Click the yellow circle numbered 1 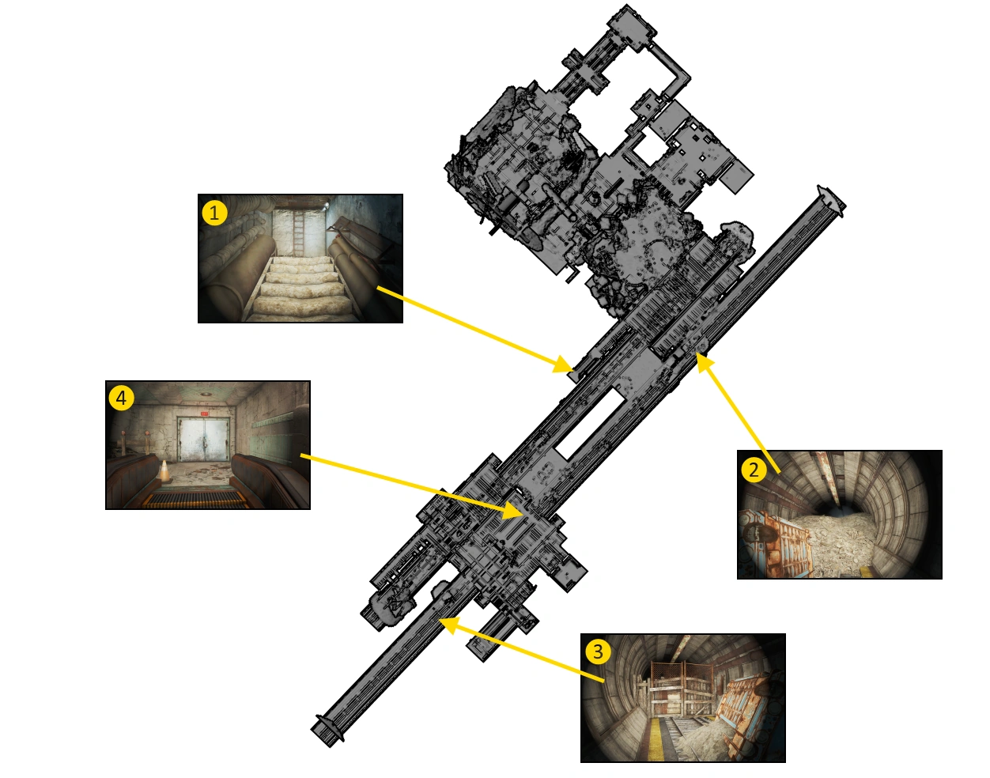pyautogui.click(x=214, y=213)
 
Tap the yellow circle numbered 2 pyautogui.click(x=754, y=469)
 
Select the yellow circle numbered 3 pyautogui.click(x=599, y=651)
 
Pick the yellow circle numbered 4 pyautogui.click(x=121, y=398)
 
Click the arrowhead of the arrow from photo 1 pyautogui.click(x=563, y=364)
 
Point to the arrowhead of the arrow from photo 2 pyautogui.click(x=705, y=364)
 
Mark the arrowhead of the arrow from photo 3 pyautogui.click(x=449, y=625)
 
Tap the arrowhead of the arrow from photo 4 pyautogui.click(x=512, y=510)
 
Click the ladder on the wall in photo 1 pyautogui.click(x=298, y=232)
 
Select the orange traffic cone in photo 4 pyautogui.click(x=164, y=471)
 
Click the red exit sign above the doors pyautogui.click(x=204, y=414)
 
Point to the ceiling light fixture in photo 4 pyautogui.click(x=206, y=395)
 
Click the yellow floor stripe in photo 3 pyautogui.click(x=656, y=738)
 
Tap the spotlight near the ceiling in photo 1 pyautogui.click(x=324, y=207)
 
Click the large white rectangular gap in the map pyautogui.click(x=589, y=423)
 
